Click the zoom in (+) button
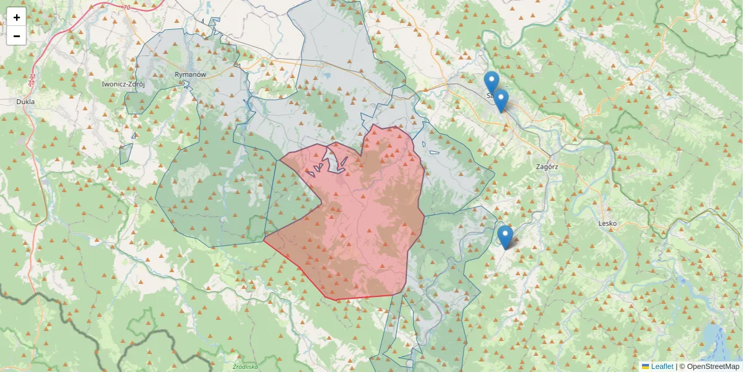click(16, 17)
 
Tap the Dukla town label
click(25, 102)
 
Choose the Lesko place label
click(608, 223)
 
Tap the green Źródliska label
click(245, 366)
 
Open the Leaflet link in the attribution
click(662, 366)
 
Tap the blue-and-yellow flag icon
click(645, 366)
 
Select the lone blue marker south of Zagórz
click(505, 236)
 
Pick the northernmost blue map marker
click(491, 82)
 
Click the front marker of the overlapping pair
click(500, 100)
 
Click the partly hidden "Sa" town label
click(489, 96)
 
